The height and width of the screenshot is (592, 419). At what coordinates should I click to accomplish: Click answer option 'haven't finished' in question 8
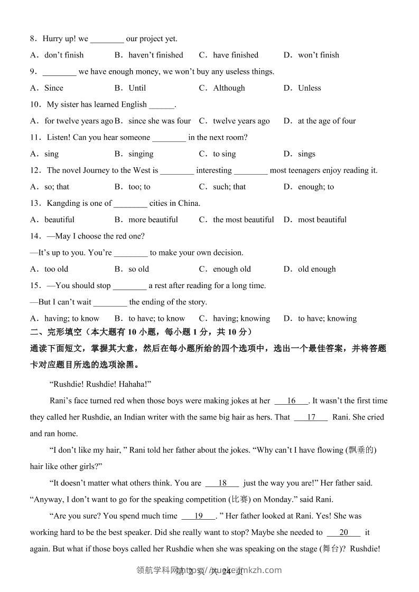[x=156, y=55]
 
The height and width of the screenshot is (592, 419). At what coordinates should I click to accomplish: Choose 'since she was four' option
[x=160, y=121]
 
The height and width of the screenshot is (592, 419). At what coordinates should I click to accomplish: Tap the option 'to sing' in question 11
[x=224, y=154]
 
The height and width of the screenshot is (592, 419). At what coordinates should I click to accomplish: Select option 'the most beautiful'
[x=243, y=219]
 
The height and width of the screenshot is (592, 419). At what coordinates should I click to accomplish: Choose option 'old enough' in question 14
[x=316, y=269]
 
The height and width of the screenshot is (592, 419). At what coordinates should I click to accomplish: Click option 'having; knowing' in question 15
[x=241, y=319]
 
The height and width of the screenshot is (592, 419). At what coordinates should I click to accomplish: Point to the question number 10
[x=36, y=104]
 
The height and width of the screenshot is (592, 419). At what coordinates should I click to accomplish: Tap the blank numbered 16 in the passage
[x=291, y=401]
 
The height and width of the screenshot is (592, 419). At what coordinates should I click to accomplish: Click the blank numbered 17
[x=311, y=417]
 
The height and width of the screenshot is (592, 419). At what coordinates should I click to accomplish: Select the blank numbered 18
[x=222, y=483]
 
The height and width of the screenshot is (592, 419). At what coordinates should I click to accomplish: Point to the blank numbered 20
[x=343, y=533]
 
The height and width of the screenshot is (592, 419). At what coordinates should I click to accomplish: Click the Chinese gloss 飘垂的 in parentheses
[x=361, y=451]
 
